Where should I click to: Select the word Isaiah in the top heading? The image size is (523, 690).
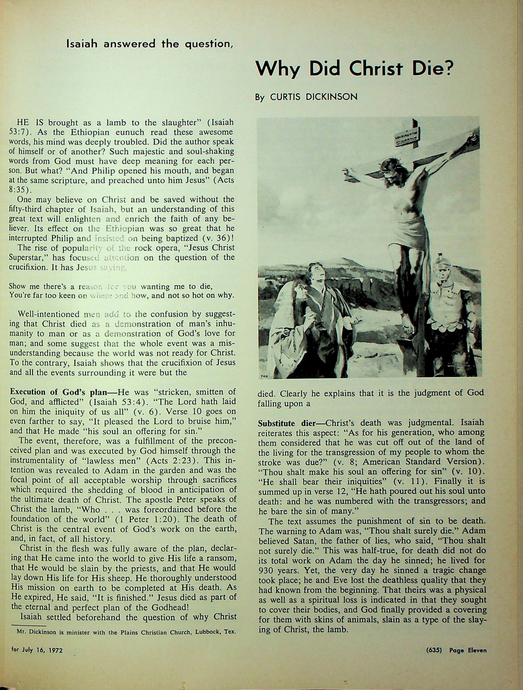pyautogui.click(x=82, y=44)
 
